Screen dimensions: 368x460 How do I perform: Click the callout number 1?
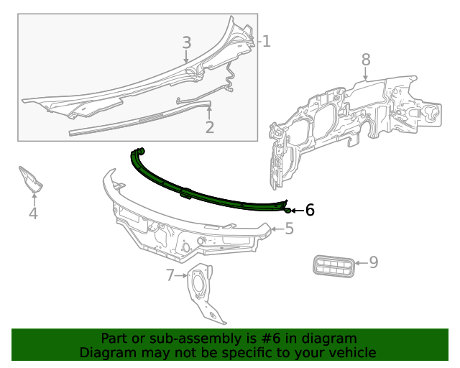tap(266, 42)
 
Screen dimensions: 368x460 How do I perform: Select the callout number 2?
tap(210, 128)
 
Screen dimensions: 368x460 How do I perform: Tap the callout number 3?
tap(186, 43)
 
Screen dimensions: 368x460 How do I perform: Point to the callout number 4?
tap(33, 213)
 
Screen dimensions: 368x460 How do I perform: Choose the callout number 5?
tap(289, 229)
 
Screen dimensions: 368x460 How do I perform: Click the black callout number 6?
tap(310, 210)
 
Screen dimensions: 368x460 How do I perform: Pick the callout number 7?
tap(170, 275)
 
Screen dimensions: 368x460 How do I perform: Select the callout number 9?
tap(373, 263)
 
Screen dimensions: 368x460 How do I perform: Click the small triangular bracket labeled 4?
tap(31, 180)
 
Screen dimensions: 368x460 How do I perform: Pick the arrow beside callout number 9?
tap(361, 263)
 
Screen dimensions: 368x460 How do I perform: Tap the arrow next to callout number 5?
tap(277, 229)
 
